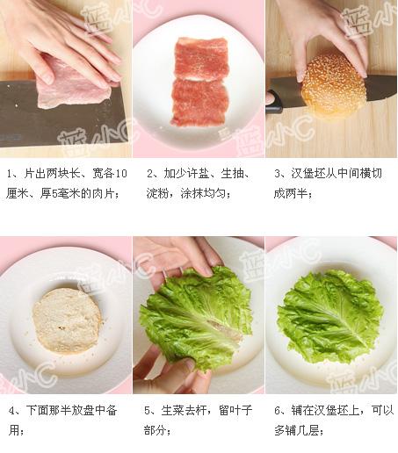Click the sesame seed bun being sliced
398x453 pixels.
click(x=333, y=87)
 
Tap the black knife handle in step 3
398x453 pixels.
click(x=273, y=101)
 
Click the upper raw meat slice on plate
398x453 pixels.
click(x=201, y=59)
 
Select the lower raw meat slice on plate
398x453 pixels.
click(x=199, y=103)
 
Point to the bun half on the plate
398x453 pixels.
click(x=68, y=320)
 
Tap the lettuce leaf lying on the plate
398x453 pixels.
click(x=329, y=317)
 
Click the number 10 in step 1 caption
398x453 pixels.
click(x=121, y=174)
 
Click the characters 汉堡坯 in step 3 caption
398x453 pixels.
click(x=308, y=174)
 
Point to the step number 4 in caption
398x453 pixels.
click(x=11, y=411)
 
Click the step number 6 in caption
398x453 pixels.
click(x=278, y=411)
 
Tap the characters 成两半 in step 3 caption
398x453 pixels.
click(x=291, y=193)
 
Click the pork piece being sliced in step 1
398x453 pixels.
click(x=73, y=85)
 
